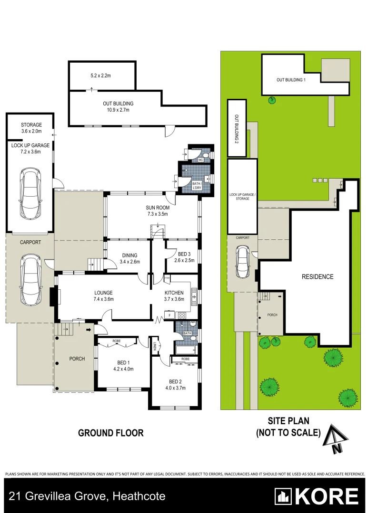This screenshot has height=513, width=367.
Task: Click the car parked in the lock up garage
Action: (29, 195)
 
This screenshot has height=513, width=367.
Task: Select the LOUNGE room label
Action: (103, 293)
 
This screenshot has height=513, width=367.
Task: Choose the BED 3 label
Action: (182, 254)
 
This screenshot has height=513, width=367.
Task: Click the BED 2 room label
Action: (175, 381)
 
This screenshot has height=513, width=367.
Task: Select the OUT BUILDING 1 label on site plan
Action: (291, 80)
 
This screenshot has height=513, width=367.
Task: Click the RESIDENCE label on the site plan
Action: (317, 276)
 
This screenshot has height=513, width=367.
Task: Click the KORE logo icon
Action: (284, 497)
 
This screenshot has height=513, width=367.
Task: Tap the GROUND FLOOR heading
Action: (110, 433)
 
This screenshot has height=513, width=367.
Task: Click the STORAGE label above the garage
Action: (31, 125)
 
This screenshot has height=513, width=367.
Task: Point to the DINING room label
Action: (129, 256)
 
